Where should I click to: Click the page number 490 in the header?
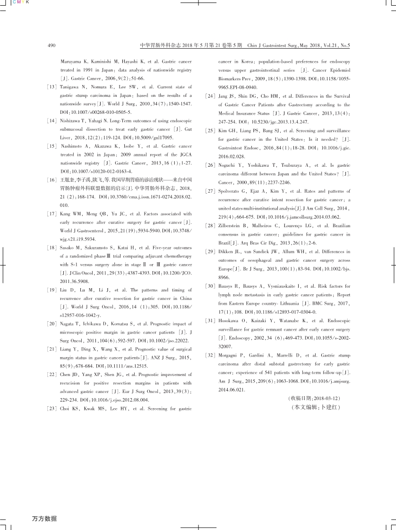(52, 46)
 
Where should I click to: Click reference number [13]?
(53, 87)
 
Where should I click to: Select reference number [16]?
(53, 181)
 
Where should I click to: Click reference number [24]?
(211, 96)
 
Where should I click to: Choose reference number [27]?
(211, 191)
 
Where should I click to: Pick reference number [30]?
(211, 286)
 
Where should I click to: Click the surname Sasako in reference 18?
(69, 248)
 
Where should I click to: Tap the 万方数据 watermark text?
(44, 519)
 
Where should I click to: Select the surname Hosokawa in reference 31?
(229, 321)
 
